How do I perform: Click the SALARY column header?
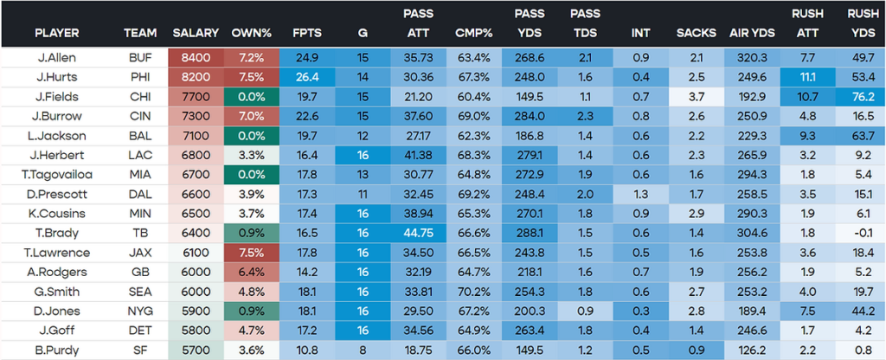(x=196, y=33)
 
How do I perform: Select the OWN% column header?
(x=252, y=33)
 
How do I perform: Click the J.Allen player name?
(x=55, y=57)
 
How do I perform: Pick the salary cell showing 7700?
(x=196, y=96)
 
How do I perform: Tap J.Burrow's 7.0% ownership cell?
(x=252, y=115)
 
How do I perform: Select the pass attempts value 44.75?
(x=419, y=232)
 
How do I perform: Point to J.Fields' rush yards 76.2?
(x=860, y=96)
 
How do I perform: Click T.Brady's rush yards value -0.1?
(x=860, y=232)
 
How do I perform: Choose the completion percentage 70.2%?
(x=474, y=291)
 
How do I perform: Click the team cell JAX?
(x=140, y=252)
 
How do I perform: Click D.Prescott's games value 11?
(x=363, y=193)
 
